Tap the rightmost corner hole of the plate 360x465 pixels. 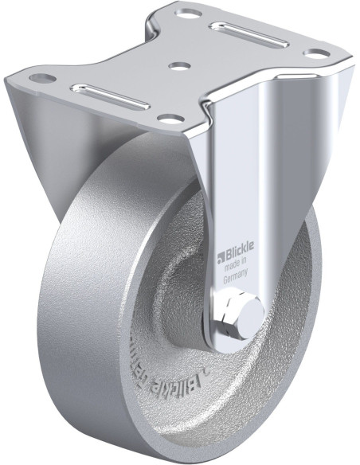click(x=317, y=53)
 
